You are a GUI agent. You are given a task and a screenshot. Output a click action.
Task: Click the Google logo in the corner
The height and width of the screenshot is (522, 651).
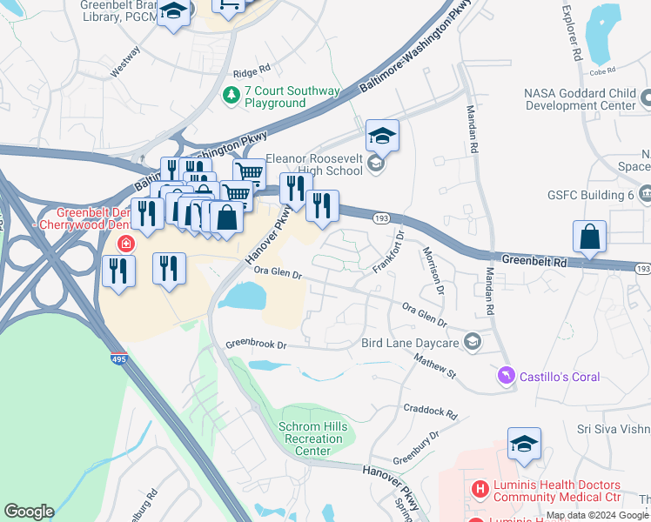pyautogui.click(x=29, y=512)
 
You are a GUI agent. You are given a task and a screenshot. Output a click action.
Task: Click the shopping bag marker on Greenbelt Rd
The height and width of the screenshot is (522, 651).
pyautogui.click(x=589, y=237)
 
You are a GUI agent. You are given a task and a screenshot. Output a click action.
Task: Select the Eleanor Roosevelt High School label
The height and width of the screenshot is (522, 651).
pyautogui.click(x=301, y=164)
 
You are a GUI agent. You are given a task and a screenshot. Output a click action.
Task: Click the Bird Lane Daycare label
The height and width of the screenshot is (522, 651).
pyautogui.click(x=409, y=343)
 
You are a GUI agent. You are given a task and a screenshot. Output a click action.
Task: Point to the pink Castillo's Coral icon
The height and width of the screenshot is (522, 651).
pyautogui.click(x=505, y=376)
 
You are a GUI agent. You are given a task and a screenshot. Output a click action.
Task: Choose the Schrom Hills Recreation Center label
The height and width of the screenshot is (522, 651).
pyautogui.click(x=312, y=438)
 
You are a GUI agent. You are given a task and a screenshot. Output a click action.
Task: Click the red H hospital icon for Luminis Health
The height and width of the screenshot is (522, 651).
pyautogui.click(x=479, y=490)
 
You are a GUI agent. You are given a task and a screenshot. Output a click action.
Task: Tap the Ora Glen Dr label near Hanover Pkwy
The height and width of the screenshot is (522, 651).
pyautogui.click(x=277, y=272)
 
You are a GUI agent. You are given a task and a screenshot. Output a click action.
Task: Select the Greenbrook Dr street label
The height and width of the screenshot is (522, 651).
pyautogui.click(x=256, y=344)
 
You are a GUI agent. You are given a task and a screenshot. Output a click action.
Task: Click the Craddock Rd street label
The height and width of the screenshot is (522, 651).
pyautogui.click(x=430, y=410)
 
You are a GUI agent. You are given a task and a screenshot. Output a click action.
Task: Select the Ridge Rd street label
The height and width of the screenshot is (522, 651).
pyautogui.click(x=252, y=75)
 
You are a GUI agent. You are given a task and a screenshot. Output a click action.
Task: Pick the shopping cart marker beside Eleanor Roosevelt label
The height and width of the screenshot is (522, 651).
pyautogui.click(x=250, y=172)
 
